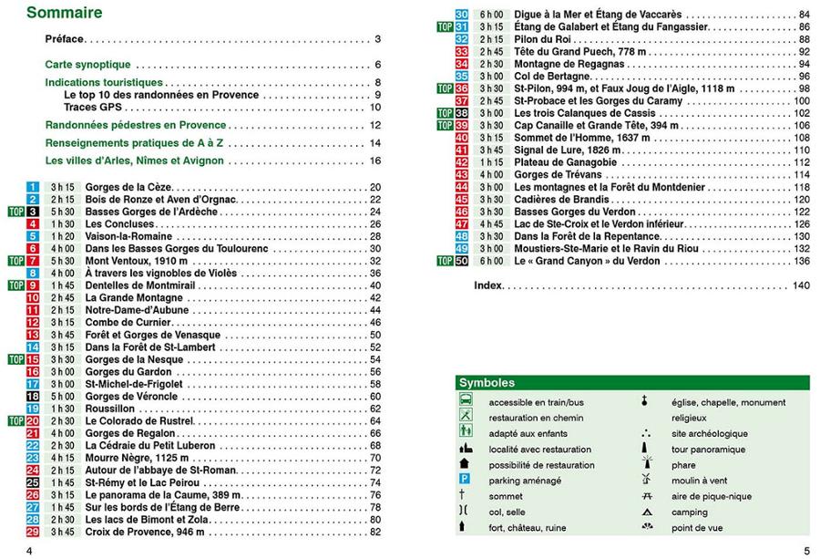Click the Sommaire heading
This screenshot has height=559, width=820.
click(64, 14)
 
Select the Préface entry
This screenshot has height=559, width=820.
click(65, 40)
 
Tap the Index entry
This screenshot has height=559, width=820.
click(489, 285)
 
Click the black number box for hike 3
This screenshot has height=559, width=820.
click(33, 212)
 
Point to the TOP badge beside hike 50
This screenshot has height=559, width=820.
click(445, 261)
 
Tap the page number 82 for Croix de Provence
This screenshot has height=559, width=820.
click(374, 532)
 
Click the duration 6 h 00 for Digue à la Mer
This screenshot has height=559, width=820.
click(493, 16)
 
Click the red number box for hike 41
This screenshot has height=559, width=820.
click(462, 150)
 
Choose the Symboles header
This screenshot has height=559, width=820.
click(487, 384)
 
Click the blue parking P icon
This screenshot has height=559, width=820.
click(466, 480)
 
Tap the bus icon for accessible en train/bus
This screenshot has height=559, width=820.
click(466, 400)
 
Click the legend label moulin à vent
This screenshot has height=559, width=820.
click(699, 481)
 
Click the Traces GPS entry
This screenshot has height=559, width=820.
click(94, 108)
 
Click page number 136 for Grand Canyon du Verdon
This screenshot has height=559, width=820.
click(802, 261)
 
